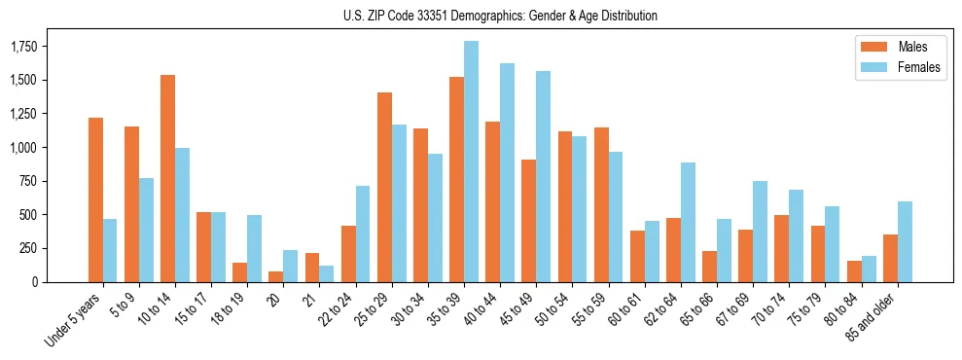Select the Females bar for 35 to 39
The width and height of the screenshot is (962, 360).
tap(471, 162)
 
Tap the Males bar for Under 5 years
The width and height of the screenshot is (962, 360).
tap(95, 199)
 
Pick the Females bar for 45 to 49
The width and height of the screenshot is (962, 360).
tap(543, 176)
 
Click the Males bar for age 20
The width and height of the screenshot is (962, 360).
tap(276, 276)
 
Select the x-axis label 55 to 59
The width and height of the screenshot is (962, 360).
tap(590, 310)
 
